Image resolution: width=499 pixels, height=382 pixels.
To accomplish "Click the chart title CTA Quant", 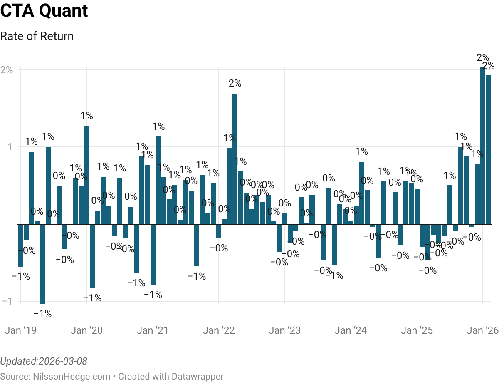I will click(x=44, y=11).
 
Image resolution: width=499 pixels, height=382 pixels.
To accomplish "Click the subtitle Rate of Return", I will click(x=37, y=36).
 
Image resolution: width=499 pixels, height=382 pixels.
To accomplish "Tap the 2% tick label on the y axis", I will click(x=7, y=70).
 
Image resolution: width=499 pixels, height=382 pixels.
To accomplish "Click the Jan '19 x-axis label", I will click(x=20, y=331).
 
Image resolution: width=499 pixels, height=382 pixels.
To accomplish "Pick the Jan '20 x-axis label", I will click(x=86, y=331).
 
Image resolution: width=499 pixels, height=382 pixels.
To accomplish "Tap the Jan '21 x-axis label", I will click(x=153, y=331).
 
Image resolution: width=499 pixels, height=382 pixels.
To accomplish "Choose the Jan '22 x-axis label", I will click(x=219, y=331).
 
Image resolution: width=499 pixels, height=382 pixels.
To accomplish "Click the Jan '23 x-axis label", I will click(x=284, y=331).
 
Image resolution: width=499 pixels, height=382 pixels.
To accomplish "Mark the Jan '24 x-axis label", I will click(x=351, y=331).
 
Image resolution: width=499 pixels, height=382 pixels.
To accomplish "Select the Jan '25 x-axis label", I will click(x=417, y=331).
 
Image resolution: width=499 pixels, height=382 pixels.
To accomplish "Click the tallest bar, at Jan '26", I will click(x=483, y=146).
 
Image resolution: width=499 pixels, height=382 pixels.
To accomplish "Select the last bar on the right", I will click(x=489, y=150).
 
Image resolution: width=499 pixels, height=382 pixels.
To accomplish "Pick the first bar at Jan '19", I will click(x=21, y=246).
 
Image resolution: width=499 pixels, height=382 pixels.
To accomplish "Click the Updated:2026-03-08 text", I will click(x=44, y=361).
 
